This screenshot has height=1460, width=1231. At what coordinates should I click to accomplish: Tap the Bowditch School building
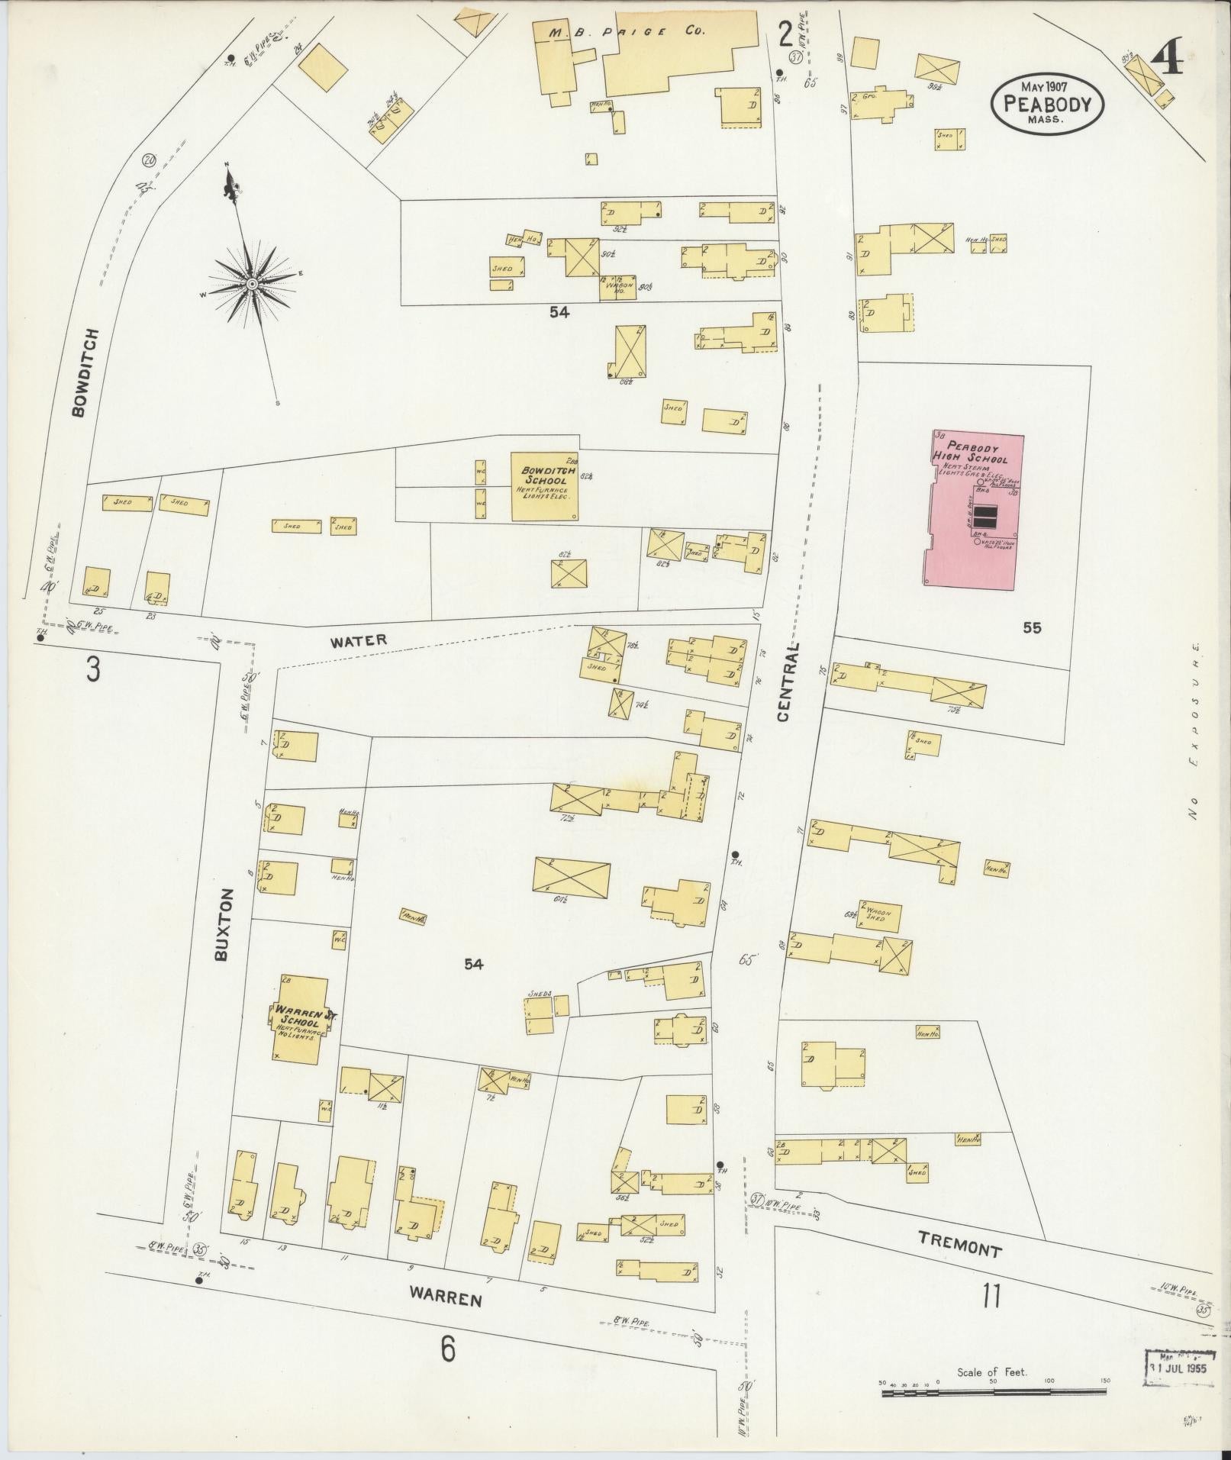click(x=544, y=486)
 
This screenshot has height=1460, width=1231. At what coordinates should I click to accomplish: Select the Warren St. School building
click(x=301, y=1019)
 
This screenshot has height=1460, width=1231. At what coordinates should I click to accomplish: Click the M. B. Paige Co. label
click(x=627, y=31)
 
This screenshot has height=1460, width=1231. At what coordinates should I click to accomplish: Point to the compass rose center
click(x=251, y=285)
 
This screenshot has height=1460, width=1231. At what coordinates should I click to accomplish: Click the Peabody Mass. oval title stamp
click(x=1047, y=105)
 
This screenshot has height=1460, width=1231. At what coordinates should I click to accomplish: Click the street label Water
click(x=359, y=640)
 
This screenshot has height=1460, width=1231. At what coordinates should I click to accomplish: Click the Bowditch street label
click(x=85, y=372)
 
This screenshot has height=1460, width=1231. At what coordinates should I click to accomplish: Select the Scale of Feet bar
click(x=994, y=1392)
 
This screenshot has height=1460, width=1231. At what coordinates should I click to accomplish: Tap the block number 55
click(x=1032, y=628)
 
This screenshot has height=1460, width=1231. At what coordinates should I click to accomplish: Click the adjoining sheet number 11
click(x=991, y=1295)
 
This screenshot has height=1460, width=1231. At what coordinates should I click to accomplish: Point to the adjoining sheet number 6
click(x=447, y=1349)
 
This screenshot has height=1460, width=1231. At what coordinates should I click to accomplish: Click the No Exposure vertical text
click(x=1194, y=731)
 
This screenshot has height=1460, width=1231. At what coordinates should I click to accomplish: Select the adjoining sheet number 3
click(x=92, y=669)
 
